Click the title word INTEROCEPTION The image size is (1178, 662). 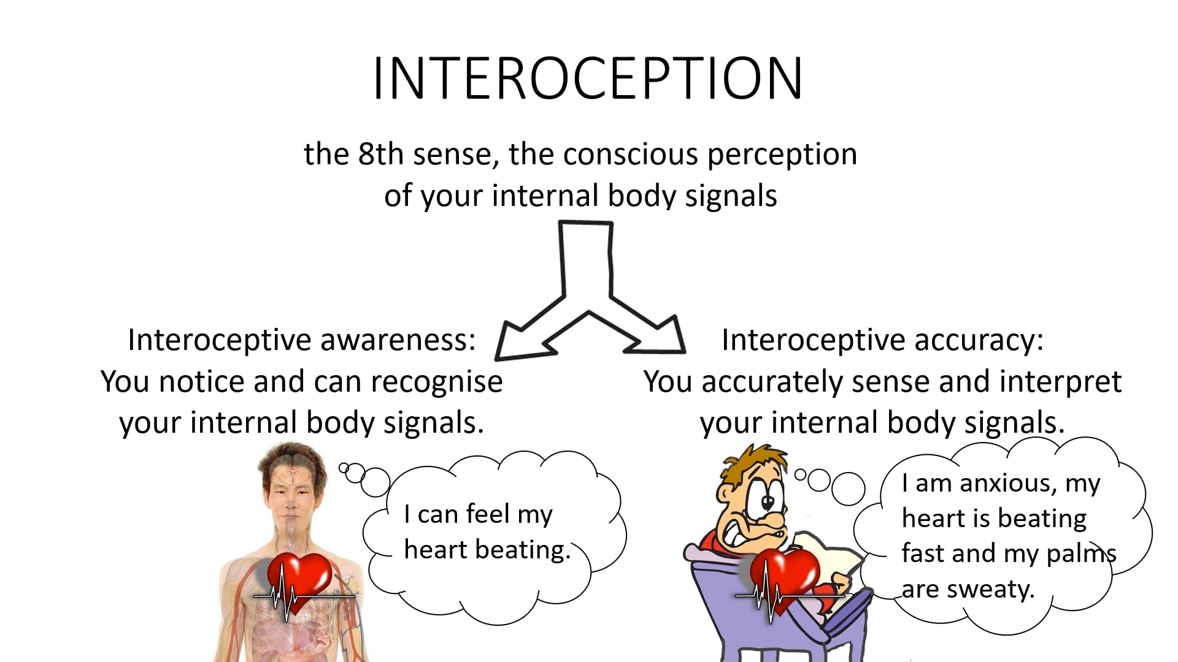[x=587, y=78]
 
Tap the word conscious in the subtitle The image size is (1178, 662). [x=631, y=154]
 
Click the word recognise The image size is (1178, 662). [x=436, y=381]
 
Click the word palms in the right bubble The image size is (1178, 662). [x=1080, y=554]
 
